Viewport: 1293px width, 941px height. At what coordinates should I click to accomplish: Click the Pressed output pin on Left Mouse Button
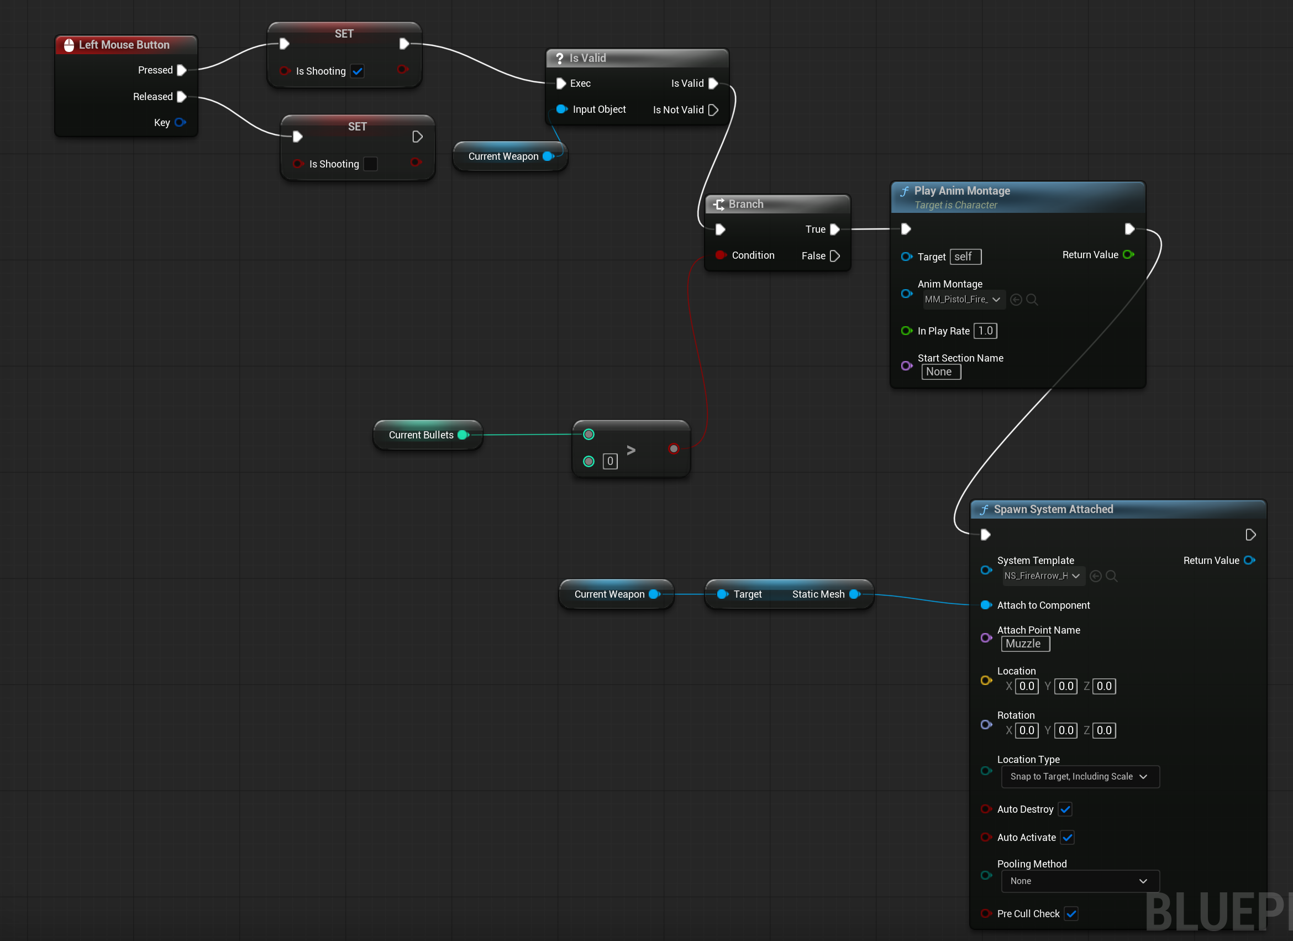click(182, 70)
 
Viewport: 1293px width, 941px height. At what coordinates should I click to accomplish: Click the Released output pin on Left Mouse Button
click(182, 96)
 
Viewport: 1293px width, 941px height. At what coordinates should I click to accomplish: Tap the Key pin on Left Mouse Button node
click(180, 122)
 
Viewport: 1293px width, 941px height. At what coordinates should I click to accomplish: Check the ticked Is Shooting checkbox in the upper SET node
click(358, 71)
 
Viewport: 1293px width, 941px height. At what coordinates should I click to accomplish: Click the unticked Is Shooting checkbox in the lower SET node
click(371, 164)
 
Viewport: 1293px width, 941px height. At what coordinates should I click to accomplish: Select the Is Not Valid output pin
click(713, 109)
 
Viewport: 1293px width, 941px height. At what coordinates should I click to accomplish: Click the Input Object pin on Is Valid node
click(561, 109)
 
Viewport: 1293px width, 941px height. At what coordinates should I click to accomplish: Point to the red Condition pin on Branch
click(721, 255)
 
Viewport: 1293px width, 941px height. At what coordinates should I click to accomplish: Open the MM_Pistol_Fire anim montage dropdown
click(964, 300)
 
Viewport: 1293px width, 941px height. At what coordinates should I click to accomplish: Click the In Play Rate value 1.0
click(986, 331)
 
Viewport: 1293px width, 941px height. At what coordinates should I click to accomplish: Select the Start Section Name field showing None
click(941, 372)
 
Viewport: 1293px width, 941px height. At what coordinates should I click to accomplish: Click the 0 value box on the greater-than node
click(610, 461)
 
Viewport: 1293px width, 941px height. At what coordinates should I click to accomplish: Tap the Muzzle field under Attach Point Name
click(1026, 644)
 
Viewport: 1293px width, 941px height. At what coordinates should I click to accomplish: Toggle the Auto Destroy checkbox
click(1065, 809)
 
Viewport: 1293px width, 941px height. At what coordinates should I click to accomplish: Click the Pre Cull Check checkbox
click(1071, 913)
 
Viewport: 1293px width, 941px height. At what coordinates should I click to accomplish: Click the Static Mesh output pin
click(855, 594)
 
